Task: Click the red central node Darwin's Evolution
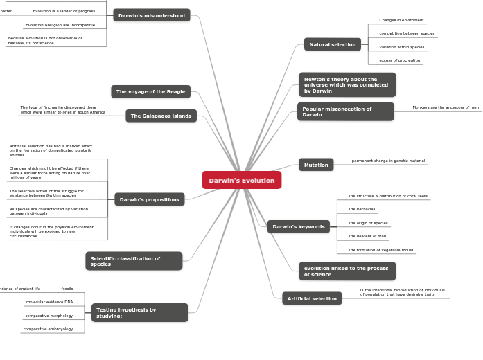[x=241, y=181]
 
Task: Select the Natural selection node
[x=332, y=44]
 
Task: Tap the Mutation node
[x=315, y=165]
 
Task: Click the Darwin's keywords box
[x=298, y=226]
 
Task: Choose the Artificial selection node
[x=312, y=298]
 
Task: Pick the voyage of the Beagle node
[x=150, y=91]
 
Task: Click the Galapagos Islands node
[x=161, y=116]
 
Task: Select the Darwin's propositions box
[x=149, y=199]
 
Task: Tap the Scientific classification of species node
[x=134, y=261]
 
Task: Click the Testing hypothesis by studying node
[x=139, y=313]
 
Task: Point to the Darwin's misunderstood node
[x=151, y=15]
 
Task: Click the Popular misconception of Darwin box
[x=345, y=111]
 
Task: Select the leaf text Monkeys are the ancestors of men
[x=445, y=107]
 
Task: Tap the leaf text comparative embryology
[x=48, y=329]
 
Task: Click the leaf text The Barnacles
[x=361, y=209]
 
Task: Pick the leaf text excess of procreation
[x=399, y=60]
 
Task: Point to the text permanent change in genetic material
[x=388, y=161]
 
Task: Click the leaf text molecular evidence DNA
[x=49, y=302]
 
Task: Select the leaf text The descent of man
[x=367, y=236]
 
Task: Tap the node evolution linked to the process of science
[x=346, y=271]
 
